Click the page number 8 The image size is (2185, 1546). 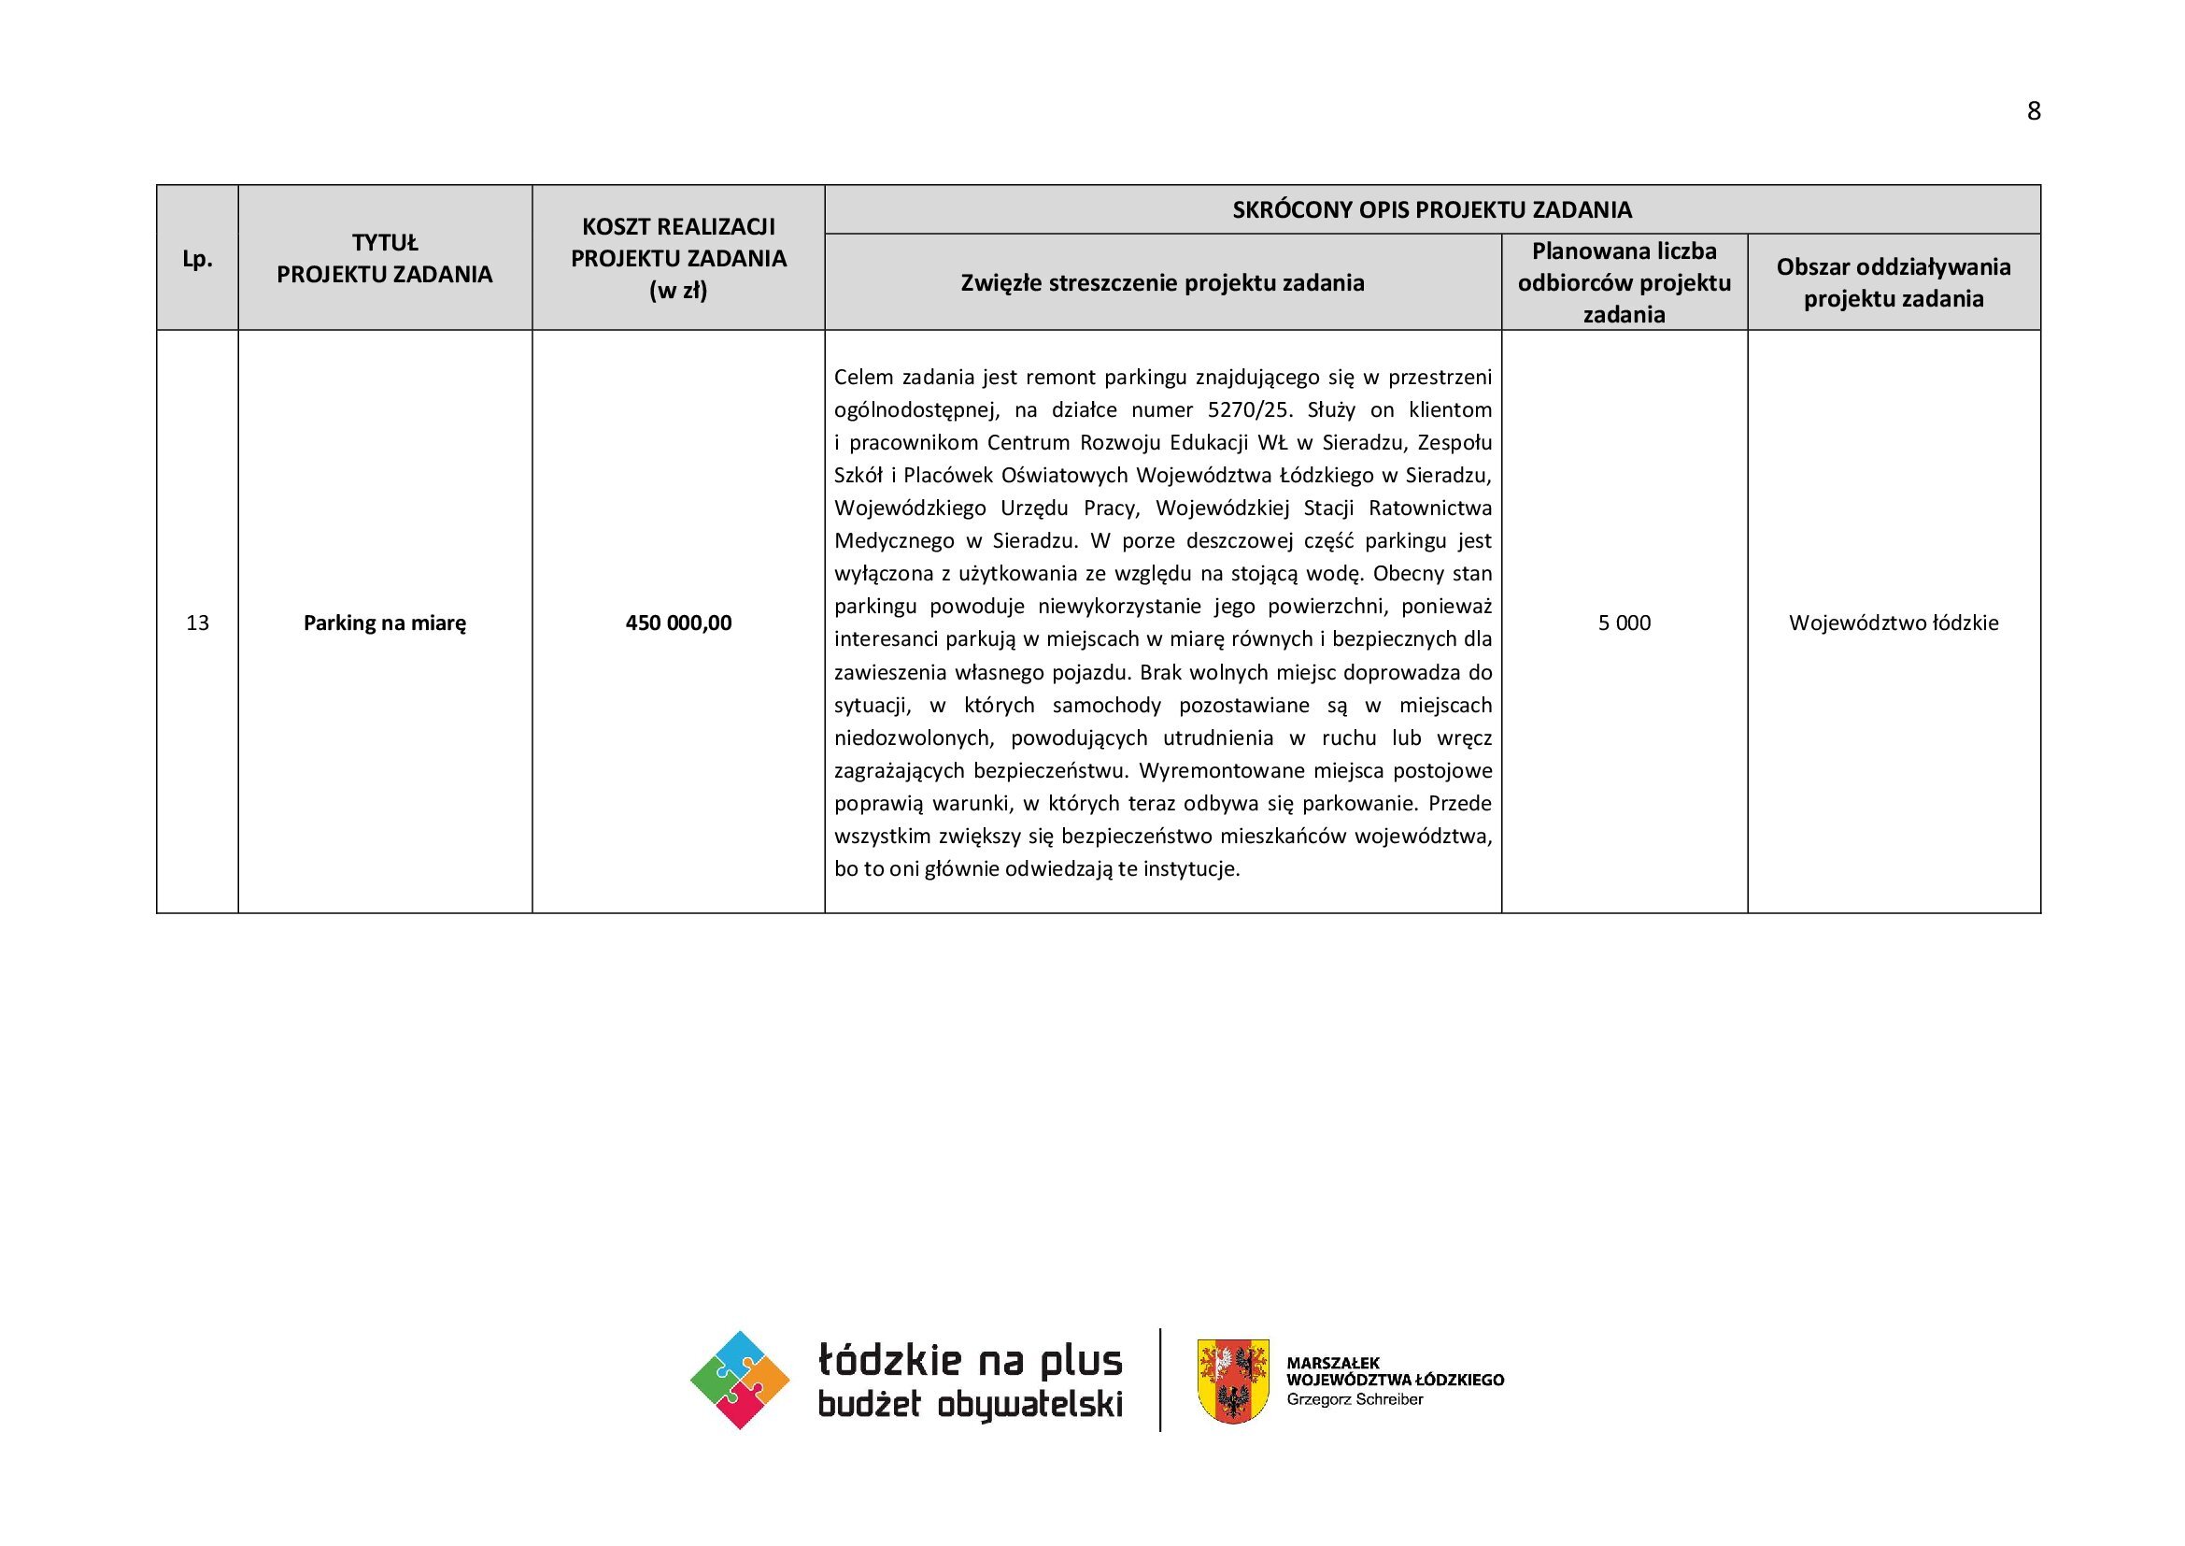[x=2034, y=111]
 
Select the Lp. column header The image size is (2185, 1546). [x=197, y=259]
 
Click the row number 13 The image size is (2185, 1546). [x=197, y=623]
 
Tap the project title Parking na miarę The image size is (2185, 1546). [x=385, y=623]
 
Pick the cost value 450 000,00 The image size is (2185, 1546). [x=678, y=623]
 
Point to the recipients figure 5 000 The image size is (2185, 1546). [x=1625, y=623]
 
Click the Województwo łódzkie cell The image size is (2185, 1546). [x=1894, y=623]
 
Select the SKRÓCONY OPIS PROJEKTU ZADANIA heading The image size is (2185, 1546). [x=1432, y=209]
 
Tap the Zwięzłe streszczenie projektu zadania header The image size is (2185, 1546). [x=1162, y=282]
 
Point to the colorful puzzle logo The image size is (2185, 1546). [x=740, y=1380]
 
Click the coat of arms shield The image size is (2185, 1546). [x=1232, y=1381]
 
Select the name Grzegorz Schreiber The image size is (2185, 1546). [x=1355, y=1399]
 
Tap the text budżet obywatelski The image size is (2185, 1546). [x=970, y=1405]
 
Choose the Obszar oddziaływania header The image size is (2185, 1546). [x=1894, y=282]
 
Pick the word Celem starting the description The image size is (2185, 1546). [x=863, y=377]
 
